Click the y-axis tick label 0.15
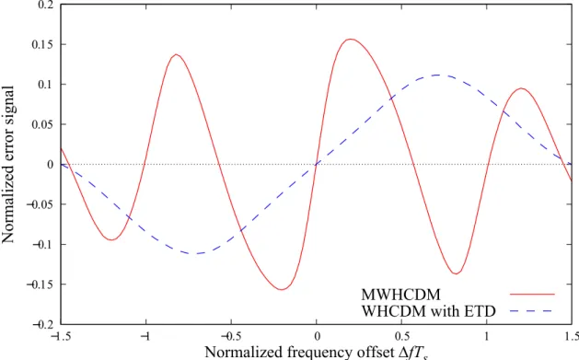42,45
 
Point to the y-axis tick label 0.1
45,85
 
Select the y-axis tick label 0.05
42,124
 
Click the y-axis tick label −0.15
40,285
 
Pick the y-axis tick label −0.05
40,204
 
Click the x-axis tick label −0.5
231,336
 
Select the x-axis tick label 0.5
401,336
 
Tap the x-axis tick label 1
487,336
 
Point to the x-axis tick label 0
317,336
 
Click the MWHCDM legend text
401,295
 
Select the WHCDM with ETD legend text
428,311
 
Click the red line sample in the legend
532,295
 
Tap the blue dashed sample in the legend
532,311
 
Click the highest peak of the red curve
351,39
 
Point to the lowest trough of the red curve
282,290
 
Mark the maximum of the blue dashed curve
438,75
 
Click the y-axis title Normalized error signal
8,164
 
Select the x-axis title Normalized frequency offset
299,352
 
